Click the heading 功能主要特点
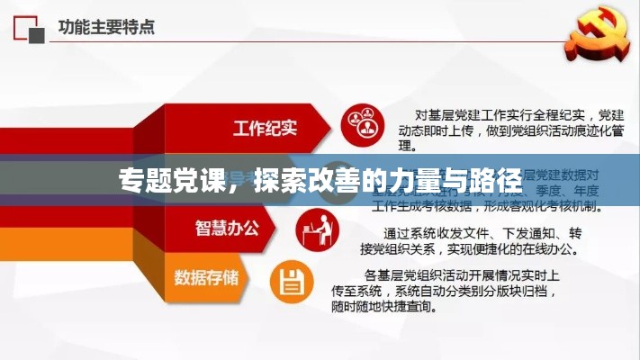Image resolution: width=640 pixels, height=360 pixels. (x=107, y=26)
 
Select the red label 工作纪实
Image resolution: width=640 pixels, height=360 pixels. (x=265, y=127)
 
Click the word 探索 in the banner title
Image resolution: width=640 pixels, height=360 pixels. (x=275, y=180)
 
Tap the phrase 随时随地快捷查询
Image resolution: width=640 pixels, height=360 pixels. (x=402, y=305)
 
